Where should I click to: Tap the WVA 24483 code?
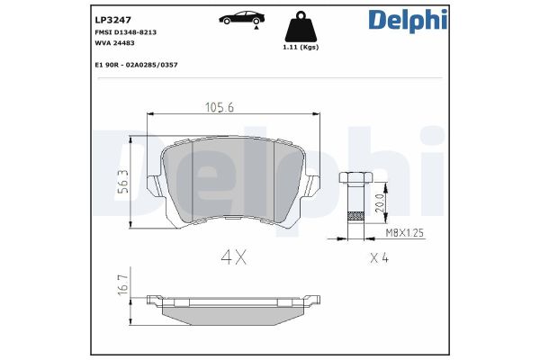[116, 42]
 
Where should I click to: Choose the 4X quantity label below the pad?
[234, 256]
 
